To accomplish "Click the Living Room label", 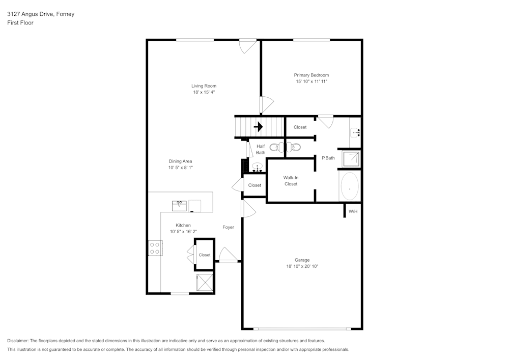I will [x=204, y=86].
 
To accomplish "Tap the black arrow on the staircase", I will [x=259, y=127].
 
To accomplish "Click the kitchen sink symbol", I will [x=179, y=206].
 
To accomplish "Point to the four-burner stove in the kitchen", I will [x=155, y=248].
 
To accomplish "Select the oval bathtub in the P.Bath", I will [x=349, y=186].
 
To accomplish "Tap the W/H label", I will [x=353, y=211].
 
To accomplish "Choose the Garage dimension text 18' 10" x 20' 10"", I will [x=302, y=266].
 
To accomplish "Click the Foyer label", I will [x=228, y=227].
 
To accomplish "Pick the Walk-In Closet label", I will [x=291, y=181].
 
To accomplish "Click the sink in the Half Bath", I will [x=258, y=167].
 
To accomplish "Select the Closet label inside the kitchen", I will [x=205, y=255].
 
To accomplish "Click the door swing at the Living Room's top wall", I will [x=248, y=46].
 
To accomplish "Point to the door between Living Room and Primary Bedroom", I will [x=266, y=105].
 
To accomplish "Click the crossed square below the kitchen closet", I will [x=205, y=282].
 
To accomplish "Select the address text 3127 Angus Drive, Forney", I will [x=41, y=14].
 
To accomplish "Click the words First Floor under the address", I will [x=20, y=23].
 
